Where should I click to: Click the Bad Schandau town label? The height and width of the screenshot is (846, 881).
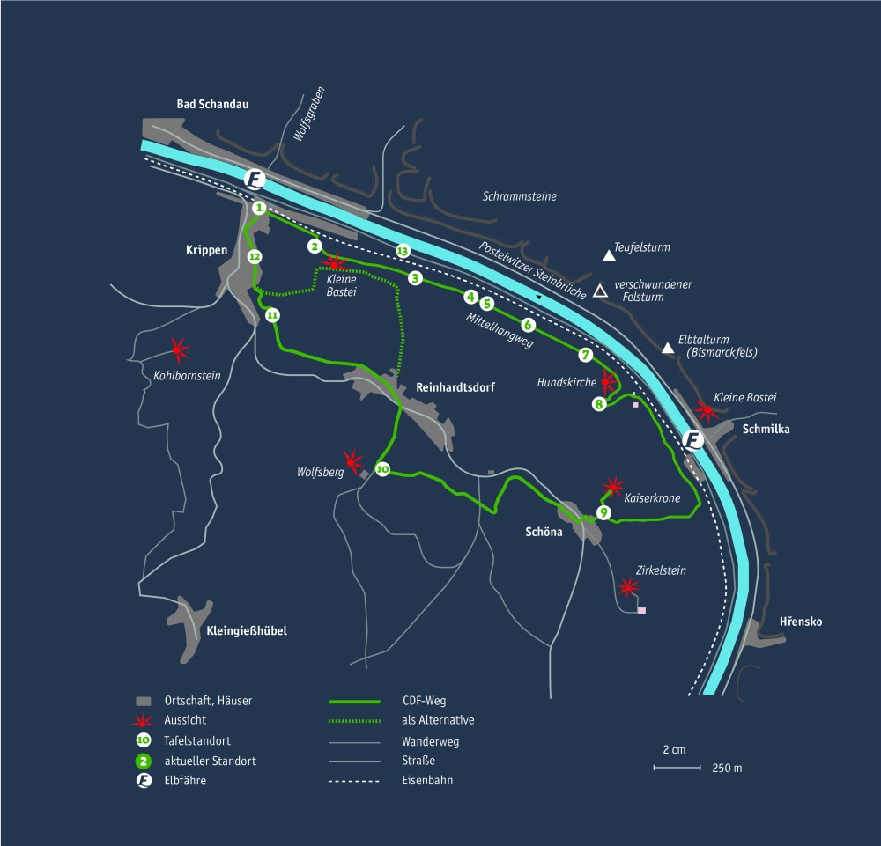coord(211,104)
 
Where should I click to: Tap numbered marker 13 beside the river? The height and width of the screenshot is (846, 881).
coord(403,251)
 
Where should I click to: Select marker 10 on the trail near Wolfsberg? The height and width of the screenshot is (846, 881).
coord(382,470)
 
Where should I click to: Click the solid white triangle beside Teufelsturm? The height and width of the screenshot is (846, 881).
coord(608,256)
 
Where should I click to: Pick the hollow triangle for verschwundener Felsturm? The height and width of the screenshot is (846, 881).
coord(599,291)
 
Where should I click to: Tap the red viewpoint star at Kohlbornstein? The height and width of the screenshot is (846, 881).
coord(180,350)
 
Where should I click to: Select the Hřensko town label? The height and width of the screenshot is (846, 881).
coord(801,622)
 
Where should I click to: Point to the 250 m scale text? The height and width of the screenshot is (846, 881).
coord(727,769)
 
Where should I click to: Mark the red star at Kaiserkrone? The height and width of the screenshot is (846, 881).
coord(613,487)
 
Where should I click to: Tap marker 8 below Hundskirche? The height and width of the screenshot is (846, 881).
coord(599,404)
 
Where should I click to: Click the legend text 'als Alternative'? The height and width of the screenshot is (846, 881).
coord(438,720)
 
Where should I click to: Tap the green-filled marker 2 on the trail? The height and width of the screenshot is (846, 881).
coord(313,246)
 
